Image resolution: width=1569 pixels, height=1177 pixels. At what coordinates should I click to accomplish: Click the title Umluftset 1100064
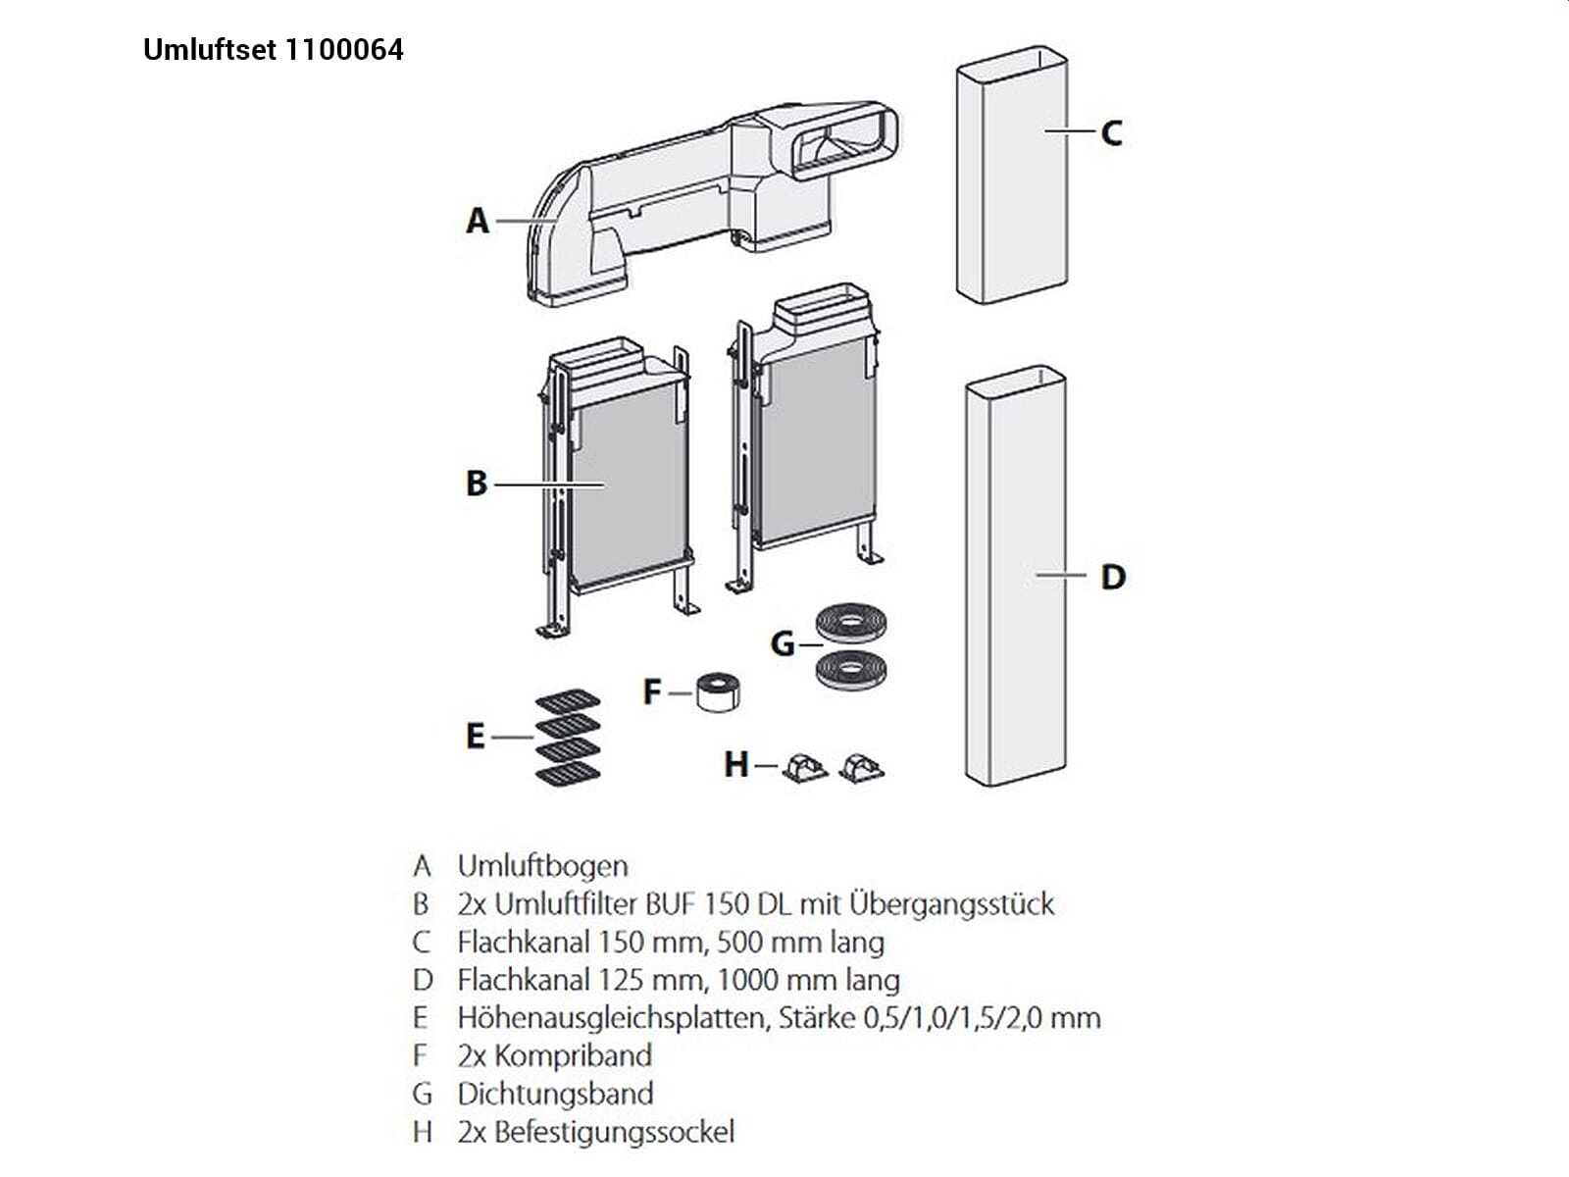click(273, 50)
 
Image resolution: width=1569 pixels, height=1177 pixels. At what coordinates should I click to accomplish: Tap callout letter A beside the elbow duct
click(477, 221)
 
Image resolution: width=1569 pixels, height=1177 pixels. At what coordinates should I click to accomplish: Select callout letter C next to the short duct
click(1111, 132)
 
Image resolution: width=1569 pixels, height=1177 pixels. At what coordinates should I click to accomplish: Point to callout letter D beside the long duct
click(1113, 577)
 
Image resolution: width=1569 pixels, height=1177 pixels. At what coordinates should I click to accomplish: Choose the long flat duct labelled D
click(1015, 579)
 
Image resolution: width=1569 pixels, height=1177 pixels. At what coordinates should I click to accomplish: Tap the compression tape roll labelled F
click(717, 691)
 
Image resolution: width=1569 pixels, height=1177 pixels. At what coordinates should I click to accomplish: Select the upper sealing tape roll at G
click(851, 623)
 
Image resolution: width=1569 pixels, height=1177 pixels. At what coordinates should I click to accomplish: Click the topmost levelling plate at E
click(568, 701)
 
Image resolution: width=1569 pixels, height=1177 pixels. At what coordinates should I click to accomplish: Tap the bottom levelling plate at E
click(568, 775)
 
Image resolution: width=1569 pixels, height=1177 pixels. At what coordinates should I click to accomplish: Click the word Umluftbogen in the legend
click(542, 866)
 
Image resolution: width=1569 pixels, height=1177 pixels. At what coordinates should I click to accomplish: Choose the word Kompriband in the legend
click(573, 1056)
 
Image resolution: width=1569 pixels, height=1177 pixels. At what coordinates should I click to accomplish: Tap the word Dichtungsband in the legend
click(555, 1094)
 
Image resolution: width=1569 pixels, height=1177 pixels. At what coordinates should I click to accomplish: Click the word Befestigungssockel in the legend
click(614, 1132)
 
